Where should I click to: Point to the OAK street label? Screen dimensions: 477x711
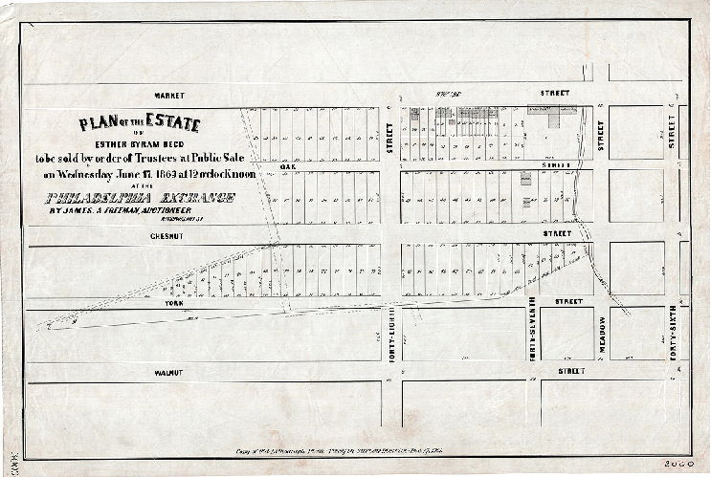[284, 166]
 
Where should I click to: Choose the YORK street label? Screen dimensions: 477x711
[173, 301]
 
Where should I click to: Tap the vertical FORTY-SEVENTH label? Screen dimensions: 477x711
[532, 327]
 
